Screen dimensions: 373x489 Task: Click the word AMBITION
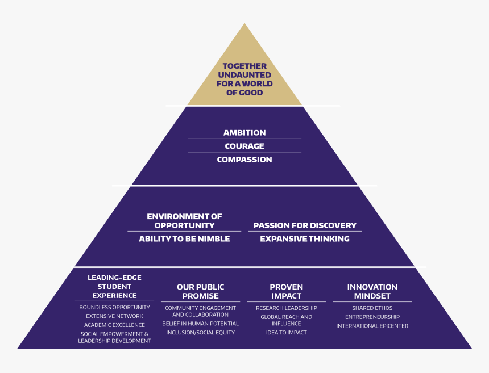tap(244, 132)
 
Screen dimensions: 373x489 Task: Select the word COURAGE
tap(244, 146)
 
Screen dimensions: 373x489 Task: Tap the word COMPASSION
tap(244, 160)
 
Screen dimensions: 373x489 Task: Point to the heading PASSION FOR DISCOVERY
tap(305, 225)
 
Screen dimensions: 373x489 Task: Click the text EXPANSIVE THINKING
tap(305, 239)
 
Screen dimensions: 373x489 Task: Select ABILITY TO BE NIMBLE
tap(184, 239)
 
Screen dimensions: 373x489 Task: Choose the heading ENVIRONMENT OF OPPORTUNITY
tap(184, 221)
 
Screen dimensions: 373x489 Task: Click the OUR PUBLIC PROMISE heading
tap(201, 291)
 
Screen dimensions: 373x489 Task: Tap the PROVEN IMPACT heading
tap(287, 291)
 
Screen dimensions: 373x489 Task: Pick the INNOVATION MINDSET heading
tap(372, 291)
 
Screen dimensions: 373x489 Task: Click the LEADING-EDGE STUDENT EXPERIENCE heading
tap(114, 286)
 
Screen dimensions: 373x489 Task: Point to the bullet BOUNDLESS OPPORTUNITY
tap(114, 307)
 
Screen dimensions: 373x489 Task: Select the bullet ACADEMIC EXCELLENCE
tap(114, 325)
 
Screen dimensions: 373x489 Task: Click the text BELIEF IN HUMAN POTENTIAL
tap(201, 324)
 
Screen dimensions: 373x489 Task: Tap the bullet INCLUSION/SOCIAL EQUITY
tap(201, 333)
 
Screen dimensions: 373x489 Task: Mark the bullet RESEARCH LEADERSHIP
tap(287, 308)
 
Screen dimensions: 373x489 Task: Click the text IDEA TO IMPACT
tap(287, 333)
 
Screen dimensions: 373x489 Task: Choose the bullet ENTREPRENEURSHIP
tap(372, 317)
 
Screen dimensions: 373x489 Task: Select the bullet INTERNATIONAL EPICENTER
tap(372, 326)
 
